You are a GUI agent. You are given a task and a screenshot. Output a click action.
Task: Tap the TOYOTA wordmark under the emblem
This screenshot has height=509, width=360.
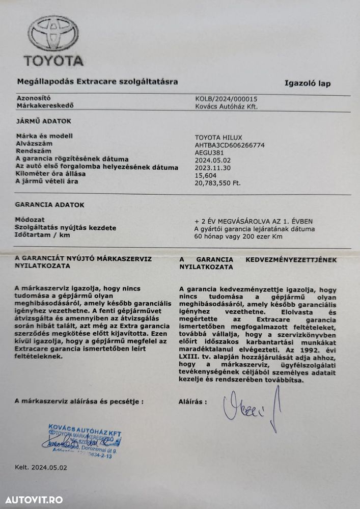(x=53, y=61)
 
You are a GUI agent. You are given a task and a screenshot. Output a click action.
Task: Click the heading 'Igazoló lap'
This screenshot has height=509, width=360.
(x=307, y=84)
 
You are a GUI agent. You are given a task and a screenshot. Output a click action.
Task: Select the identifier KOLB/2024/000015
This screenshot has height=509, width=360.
(x=226, y=99)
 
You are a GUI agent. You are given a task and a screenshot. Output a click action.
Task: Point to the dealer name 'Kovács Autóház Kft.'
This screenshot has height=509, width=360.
(x=227, y=106)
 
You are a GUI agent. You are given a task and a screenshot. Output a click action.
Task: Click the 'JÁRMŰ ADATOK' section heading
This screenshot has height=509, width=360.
(x=43, y=121)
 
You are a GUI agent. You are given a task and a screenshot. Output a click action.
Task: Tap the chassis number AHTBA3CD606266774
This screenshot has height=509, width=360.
(x=230, y=145)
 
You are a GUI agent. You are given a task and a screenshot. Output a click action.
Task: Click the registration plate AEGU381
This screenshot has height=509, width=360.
(x=209, y=152)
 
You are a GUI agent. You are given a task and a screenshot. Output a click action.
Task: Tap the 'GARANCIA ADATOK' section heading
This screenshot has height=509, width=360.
(x=50, y=205)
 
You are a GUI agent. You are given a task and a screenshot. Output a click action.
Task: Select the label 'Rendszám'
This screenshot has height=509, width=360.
(x=34, y=151)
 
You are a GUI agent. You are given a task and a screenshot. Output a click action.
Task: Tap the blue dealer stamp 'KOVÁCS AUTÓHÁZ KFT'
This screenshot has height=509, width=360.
(x=84, y=436)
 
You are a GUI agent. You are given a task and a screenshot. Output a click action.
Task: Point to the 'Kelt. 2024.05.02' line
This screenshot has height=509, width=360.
(x=41, y=467)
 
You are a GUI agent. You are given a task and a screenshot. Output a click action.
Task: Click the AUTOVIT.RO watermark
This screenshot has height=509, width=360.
(x=32, y=499)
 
